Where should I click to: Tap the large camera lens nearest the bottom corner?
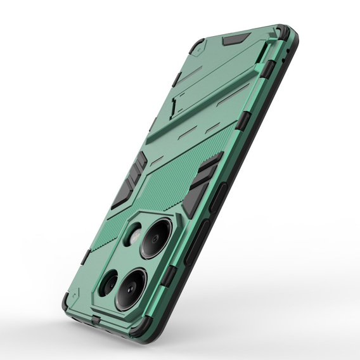click(131, 289)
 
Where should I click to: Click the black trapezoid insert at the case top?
click(236, 39)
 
